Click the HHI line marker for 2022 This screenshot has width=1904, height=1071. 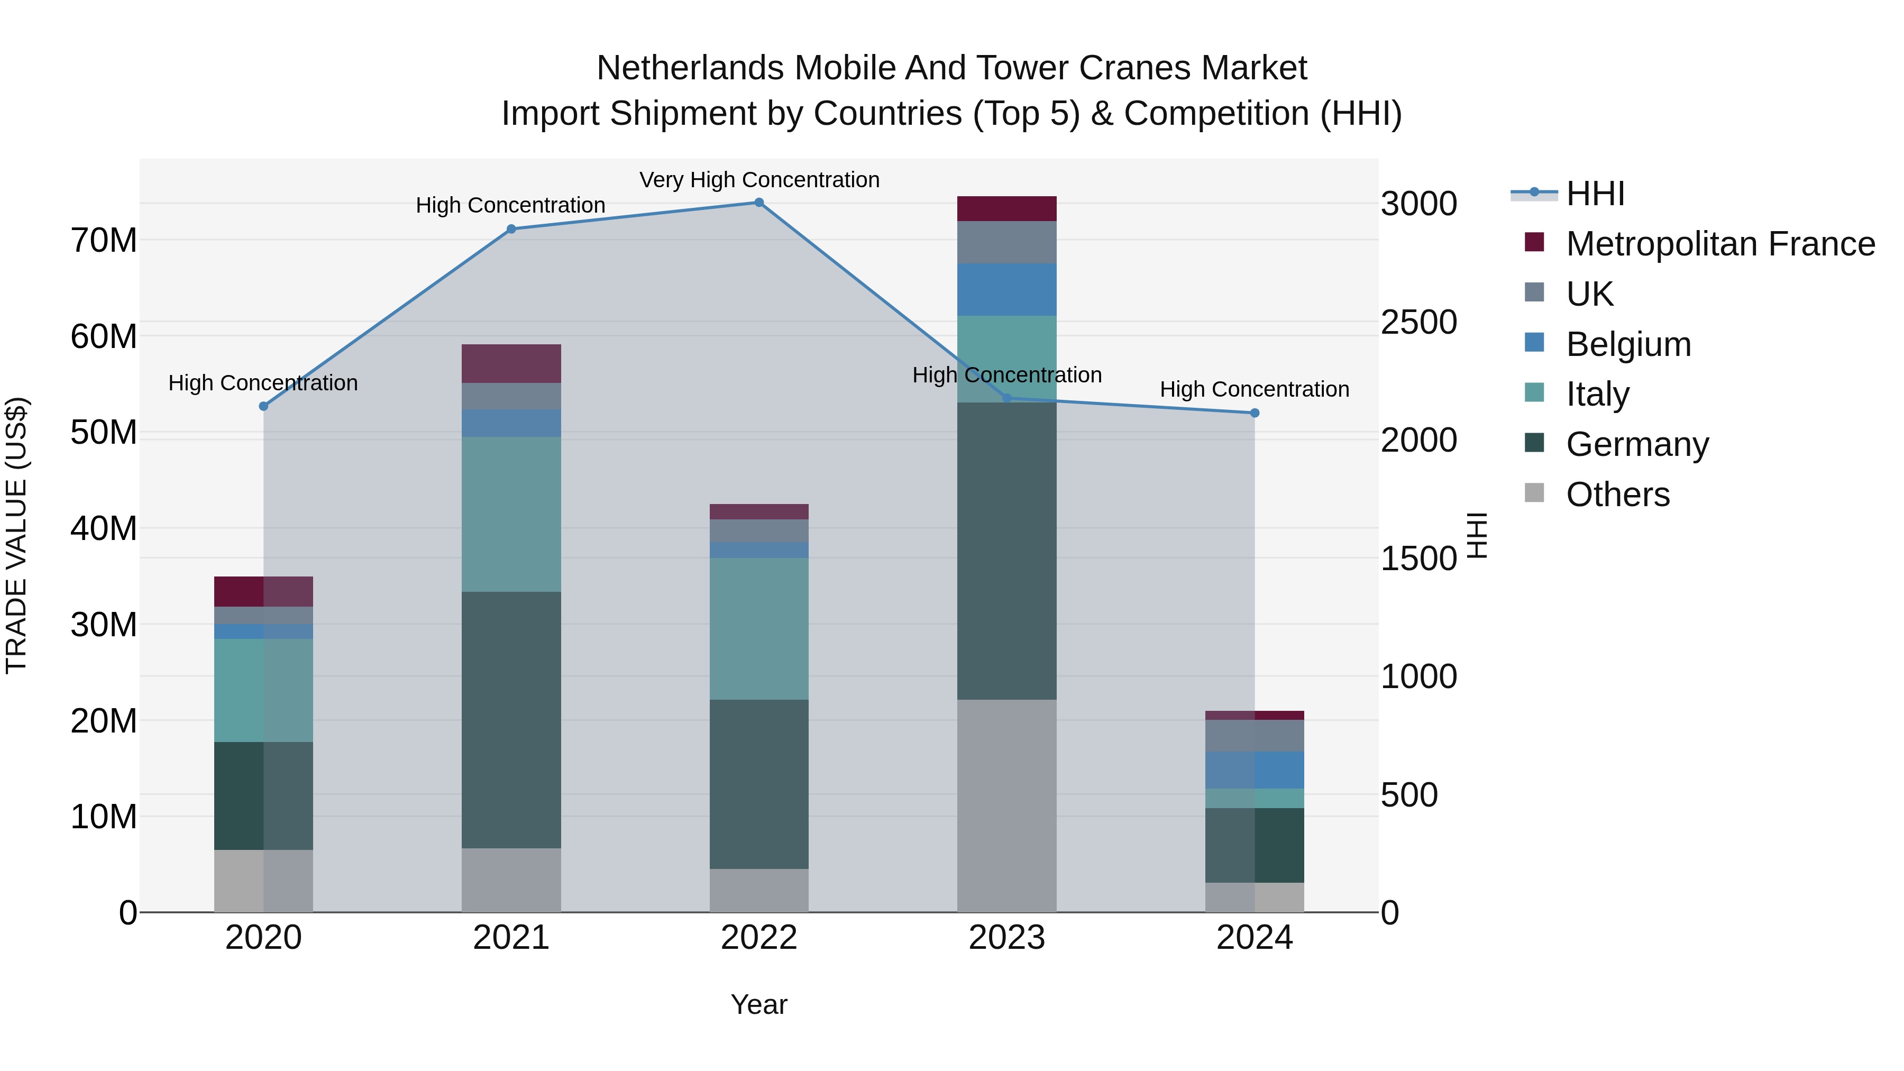(x=758, y=203)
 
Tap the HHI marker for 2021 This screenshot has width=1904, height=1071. (x=511, y=229)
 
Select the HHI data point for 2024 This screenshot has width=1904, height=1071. (x=1255, y=413)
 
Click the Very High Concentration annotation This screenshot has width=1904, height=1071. (x=759, y=180)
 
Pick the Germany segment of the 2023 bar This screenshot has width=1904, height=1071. (x=1006, y=551)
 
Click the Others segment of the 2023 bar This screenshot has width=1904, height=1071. (x=1006, y=805)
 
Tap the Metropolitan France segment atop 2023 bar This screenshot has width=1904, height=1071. (x=1006, y=208)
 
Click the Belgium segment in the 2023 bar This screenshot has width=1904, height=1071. (x=1006, y=290)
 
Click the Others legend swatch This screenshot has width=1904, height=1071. (x=1534, y=493)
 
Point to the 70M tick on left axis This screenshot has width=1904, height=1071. (x=104, y=240)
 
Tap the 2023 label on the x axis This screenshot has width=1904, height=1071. (x=1006, y=938)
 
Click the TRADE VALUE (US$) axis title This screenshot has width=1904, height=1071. (x=16, y=535)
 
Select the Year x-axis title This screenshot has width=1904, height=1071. (x=758, y=1004)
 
